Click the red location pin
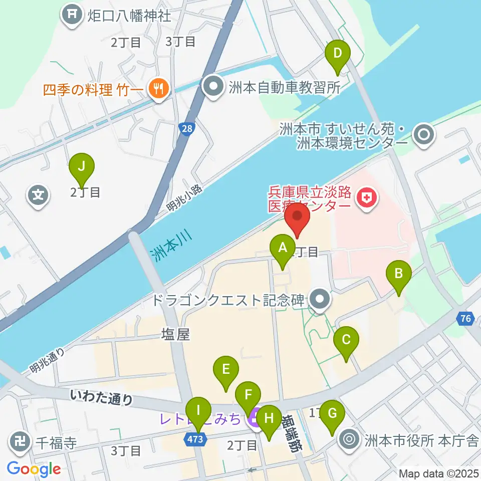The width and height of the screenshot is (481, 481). click(297, 217)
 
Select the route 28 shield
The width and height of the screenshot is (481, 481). click(186, 129)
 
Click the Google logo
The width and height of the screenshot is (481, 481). click(34, 469)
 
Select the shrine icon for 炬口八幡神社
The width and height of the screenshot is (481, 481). click(73, 15)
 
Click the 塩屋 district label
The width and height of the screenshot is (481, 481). click(175, 334)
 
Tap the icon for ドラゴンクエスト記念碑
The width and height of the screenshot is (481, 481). click(319, 300)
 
